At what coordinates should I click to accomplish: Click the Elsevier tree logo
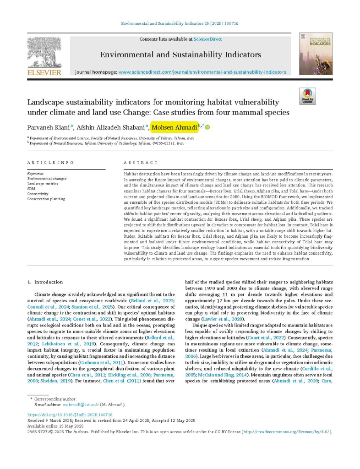click(44, 52)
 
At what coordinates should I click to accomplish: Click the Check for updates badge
click(307, 96)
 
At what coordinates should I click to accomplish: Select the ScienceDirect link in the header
click(207, 39)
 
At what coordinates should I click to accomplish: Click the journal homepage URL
click(202, 72)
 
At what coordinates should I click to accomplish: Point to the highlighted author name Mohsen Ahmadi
click(175, 127)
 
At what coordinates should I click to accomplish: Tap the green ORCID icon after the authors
click(207, 127)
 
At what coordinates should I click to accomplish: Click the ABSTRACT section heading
click(141, 163)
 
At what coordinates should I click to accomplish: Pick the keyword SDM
click(31, 189)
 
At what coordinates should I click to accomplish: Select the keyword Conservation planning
click(46, 199)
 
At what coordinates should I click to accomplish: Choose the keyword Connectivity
click(38, 194)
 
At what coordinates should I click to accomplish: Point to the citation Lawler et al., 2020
click(225, 319)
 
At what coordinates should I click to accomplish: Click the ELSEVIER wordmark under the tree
click(44, 72)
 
